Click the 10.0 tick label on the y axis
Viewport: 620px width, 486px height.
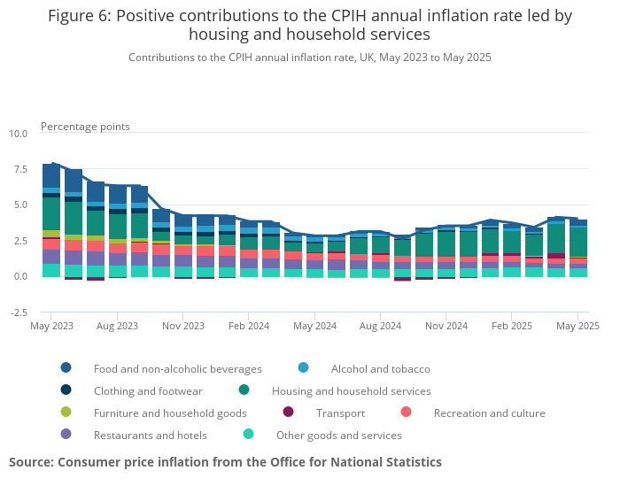(19, 134)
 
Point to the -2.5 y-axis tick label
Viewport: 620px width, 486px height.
(19, 312)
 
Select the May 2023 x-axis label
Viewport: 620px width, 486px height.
(50, 326)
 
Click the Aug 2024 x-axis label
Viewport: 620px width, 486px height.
(380, 326)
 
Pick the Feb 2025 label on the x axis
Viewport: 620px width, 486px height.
(511, 326)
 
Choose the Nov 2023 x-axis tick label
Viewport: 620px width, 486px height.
(182, 326)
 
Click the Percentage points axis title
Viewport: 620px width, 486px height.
(85, 127)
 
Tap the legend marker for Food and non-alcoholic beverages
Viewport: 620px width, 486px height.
(66, 368)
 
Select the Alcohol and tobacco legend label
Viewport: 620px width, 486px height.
(380, 368)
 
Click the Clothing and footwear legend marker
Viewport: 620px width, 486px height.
(66, 390)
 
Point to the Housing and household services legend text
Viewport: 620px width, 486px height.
(352, 390)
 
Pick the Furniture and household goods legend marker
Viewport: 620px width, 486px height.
(66, 413)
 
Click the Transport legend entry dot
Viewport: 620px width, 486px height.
(288, 413)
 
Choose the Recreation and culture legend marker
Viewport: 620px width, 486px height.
(406, 413)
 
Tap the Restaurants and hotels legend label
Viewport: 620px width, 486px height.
(151, 435)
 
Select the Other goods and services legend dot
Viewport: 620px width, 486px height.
(248, 435)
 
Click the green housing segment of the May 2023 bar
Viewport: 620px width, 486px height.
(50, 213)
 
